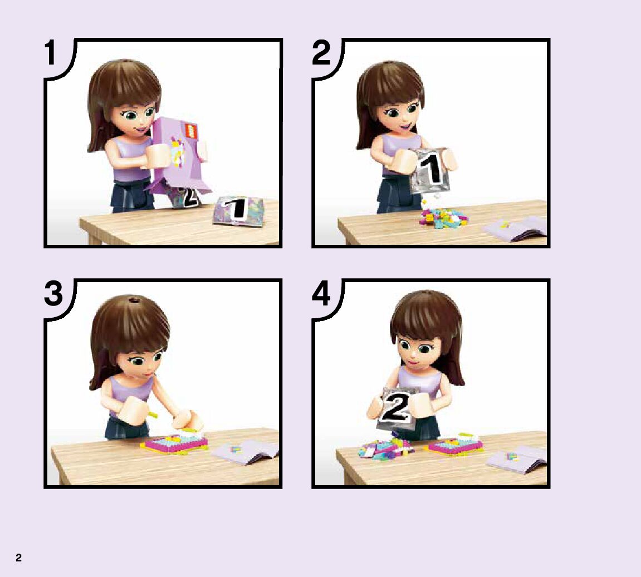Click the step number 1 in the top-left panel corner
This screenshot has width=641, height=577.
(50, 52)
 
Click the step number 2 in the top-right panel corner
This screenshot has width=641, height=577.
(321, 52)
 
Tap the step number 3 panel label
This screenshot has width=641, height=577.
(53, 293)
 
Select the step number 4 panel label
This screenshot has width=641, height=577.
(321, 293)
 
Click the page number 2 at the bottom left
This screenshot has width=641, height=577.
(18, 558)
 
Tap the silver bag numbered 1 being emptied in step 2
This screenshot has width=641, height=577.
(430, 171)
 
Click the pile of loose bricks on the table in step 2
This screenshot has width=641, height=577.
(443, 217)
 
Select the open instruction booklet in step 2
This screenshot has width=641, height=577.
(516, 228)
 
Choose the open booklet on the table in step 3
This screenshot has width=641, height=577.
(245, 451)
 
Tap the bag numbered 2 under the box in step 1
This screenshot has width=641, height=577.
(187, 198)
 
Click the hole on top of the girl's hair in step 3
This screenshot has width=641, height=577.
(133, 300)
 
